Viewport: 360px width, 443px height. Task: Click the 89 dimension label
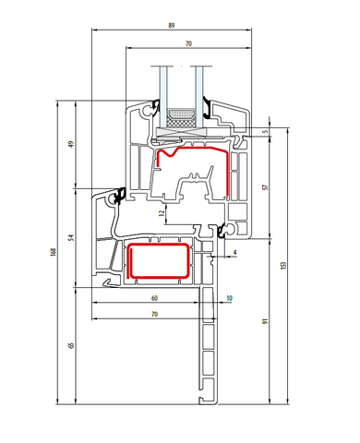coord(172,25)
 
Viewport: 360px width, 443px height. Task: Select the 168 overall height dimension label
coord(54,252)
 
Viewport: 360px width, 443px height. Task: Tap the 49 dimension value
coord(71,144)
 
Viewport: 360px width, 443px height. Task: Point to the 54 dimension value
coord(71,237)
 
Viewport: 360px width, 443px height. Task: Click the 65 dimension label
coord(71,345)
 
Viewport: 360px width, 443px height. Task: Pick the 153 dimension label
coord(283,265)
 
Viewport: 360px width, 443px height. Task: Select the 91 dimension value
coord(266,321)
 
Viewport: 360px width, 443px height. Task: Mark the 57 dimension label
coord(266,187)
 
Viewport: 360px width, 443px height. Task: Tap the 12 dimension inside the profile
coord(162,213)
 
